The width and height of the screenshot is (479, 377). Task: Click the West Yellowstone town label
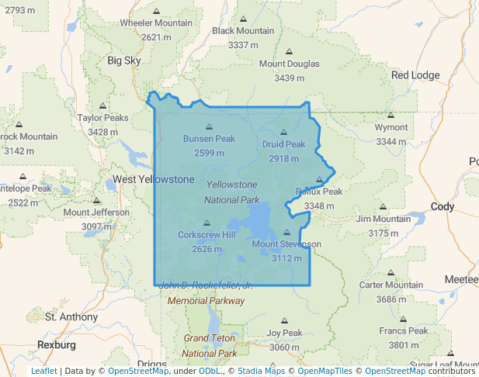154,179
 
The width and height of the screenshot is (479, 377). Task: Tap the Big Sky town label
125,60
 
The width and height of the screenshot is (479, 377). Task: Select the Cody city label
441,206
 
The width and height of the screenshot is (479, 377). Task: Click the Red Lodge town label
415,75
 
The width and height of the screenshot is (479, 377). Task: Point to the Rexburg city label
57,344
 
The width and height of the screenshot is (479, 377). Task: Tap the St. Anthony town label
71,316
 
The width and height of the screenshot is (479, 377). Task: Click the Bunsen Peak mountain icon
209,126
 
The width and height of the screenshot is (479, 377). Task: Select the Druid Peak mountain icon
283,132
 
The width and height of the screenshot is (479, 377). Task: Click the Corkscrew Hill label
207,235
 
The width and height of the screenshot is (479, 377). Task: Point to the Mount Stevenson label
286,244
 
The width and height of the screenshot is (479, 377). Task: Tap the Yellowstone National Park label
231,192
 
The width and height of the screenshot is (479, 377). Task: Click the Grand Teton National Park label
210,346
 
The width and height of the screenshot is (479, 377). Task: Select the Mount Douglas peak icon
289,51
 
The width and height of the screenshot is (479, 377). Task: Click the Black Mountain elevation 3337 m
243,45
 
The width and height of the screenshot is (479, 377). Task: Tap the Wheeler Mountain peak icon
156,11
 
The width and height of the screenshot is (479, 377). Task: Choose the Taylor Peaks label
102,118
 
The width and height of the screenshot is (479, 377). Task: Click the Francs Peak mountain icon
404,318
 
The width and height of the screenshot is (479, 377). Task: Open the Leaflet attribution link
43,371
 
